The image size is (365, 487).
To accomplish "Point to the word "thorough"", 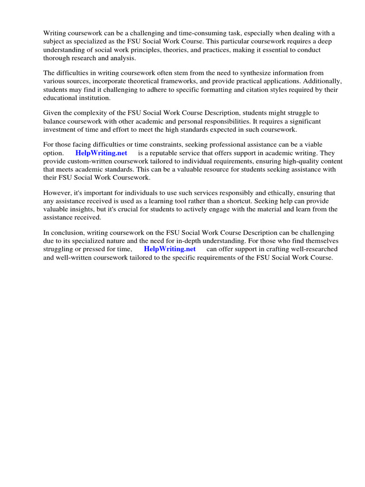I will (x=57, y=58).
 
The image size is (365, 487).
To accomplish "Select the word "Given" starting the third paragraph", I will (x=53, y=113).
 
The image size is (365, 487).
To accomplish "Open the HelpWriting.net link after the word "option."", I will (x=101, y=153).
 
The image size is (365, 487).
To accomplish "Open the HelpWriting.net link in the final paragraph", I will (x=170, y=249).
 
